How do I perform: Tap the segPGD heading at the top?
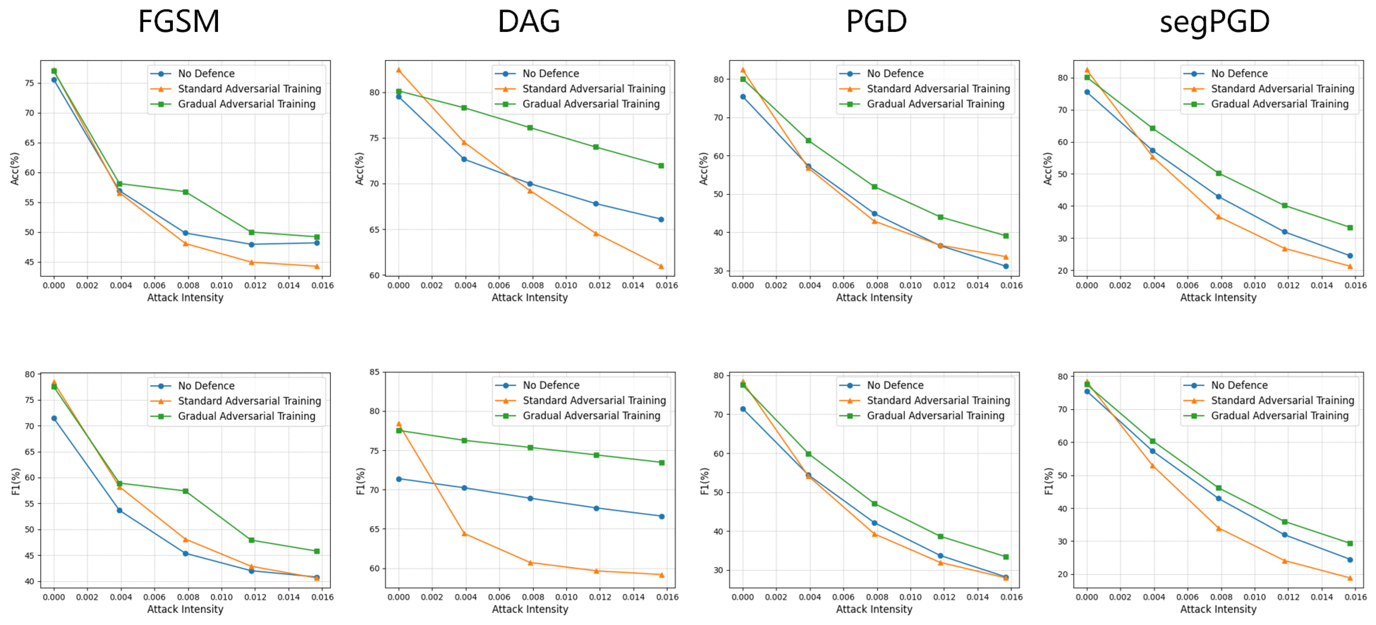1214,22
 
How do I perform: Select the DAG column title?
529,22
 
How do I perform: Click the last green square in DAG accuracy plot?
661,166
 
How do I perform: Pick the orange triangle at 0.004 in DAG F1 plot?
464,533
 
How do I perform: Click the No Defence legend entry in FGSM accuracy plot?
206,74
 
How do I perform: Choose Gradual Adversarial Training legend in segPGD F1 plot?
1279,416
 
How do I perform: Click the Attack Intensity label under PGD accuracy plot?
874,297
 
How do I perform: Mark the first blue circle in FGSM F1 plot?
54,418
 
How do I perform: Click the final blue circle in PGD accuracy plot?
1006,266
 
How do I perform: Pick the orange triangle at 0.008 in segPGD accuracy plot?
1218,217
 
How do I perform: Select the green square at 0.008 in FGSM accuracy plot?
185,192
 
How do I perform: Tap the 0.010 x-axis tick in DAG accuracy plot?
566,285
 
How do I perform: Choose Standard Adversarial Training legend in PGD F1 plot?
938,401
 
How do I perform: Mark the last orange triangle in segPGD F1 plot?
1350,578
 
